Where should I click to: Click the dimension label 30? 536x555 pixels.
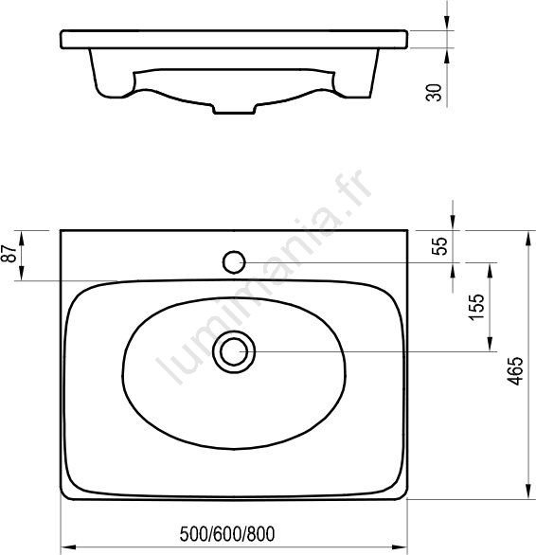(435, 93)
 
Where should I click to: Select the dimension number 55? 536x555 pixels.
(440, 246)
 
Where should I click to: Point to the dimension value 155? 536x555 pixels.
(476, 307)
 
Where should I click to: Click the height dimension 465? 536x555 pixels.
(515, 370)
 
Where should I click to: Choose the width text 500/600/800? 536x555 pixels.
(227, 534)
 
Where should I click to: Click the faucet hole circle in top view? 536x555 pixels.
(234, 262)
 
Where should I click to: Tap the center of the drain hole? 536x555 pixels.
(234, 351)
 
